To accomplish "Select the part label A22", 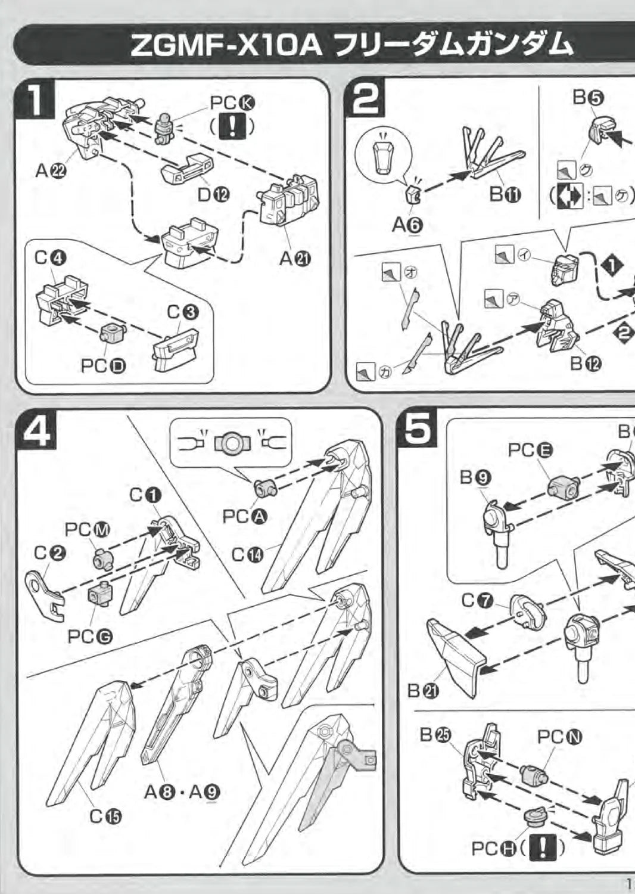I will [51, 171].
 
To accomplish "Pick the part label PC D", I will [103, 365].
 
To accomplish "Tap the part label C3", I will [182, 312].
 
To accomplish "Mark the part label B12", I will [586, 363].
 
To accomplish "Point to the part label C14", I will [247, 555].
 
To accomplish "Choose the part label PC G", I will [90, 637].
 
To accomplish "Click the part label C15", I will [105, 816].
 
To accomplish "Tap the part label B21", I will [423, 691].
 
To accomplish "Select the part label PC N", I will [559, 737].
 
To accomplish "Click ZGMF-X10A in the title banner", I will [226, 46].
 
